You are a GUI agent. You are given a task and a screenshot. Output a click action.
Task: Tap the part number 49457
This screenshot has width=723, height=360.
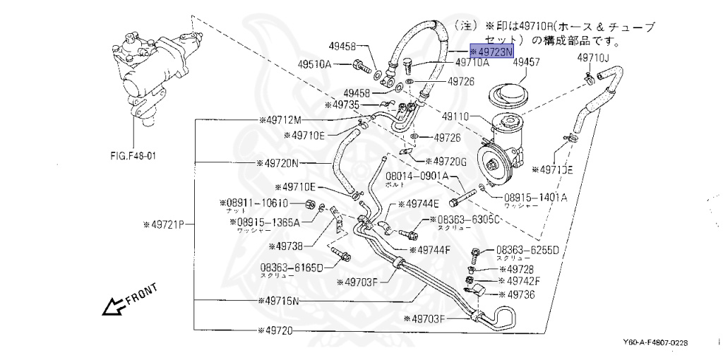(526, 63)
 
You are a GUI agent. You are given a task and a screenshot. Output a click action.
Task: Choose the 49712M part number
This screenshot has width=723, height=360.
(280, 119)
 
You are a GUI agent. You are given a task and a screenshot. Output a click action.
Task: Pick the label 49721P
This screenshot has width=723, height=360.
(163, 225)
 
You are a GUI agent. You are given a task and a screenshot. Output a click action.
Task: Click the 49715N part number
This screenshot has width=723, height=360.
(280, 300)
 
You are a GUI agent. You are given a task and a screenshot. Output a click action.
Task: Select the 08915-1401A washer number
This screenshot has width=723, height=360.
(535, 198)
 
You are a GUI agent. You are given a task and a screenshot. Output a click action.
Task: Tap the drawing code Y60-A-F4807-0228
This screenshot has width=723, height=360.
(653, 342)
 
